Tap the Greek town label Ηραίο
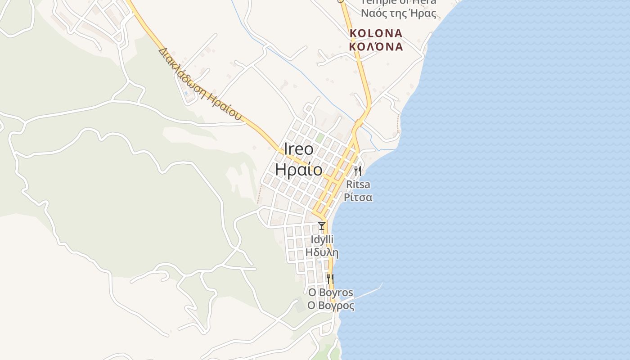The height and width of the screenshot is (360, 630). click(x=299, y=170)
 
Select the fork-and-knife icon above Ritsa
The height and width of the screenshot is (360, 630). click(x=358, y=171)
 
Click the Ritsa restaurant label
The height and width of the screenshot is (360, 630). click(x=358, y=184)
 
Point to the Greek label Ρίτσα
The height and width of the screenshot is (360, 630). click(x=358, y=197)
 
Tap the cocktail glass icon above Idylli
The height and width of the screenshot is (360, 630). click(x=321, y=226)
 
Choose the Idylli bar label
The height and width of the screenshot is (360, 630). click(x=322, y=239)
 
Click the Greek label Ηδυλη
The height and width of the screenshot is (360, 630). click(x=322, y=252)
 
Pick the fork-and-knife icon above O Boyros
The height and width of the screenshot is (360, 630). click(x=330, y=279)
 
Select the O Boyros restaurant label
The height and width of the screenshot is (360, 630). click(x=331, y=292)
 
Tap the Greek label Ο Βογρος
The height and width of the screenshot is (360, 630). click(x=331, y=306)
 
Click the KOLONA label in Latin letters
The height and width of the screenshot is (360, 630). click(x=376, y=33)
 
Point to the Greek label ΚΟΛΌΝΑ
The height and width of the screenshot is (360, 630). click(x=376, y=46)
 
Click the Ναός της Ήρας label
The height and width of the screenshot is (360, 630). click(x=399, y=13)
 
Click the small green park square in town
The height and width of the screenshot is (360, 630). click(x=319, y=138)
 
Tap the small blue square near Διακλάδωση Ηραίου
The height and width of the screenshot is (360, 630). click(x=185, y=94)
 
